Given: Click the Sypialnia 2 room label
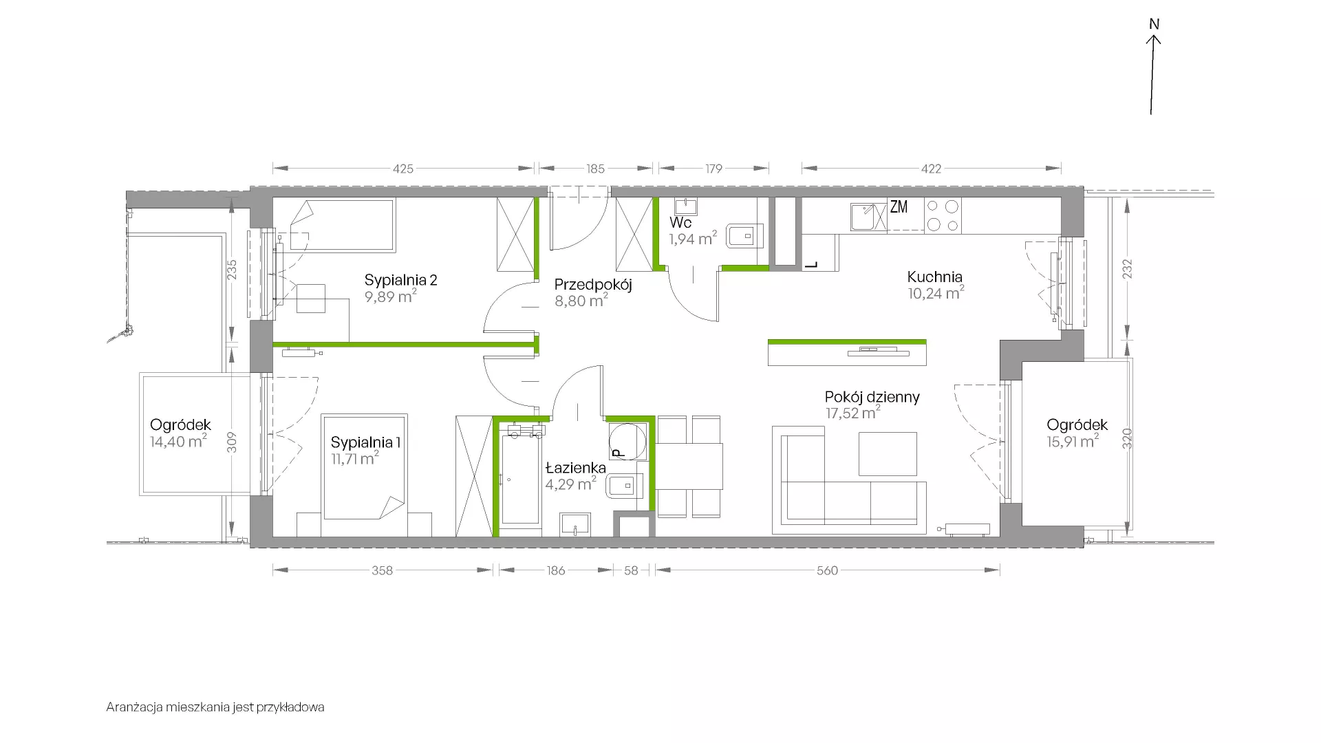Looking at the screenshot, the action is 400,280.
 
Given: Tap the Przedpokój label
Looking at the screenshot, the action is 593,285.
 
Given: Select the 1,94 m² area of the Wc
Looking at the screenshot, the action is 693,239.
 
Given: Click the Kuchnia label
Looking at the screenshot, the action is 934,277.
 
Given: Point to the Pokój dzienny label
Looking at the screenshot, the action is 872,397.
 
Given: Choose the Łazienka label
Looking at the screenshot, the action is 576,468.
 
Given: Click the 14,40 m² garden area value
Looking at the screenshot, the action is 178,442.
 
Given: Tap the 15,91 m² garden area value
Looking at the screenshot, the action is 1073,442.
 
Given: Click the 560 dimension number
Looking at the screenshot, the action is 827,570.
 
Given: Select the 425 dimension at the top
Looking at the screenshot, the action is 403,169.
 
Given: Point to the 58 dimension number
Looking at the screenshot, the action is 631,570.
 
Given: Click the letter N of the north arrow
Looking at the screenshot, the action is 1154,25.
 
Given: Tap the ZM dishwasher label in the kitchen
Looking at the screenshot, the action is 899,207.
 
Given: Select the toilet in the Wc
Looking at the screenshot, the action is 744,236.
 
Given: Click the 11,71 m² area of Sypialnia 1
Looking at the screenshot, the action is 355,459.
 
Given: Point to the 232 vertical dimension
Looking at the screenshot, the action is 1127,269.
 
